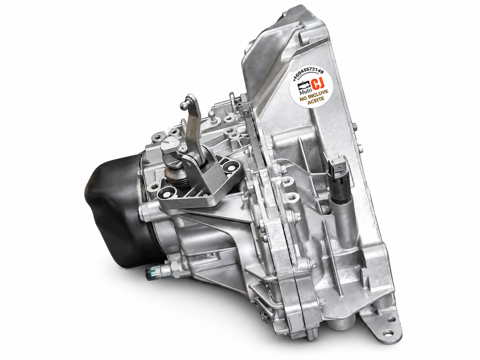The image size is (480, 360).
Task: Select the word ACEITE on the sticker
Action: (316, 102)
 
